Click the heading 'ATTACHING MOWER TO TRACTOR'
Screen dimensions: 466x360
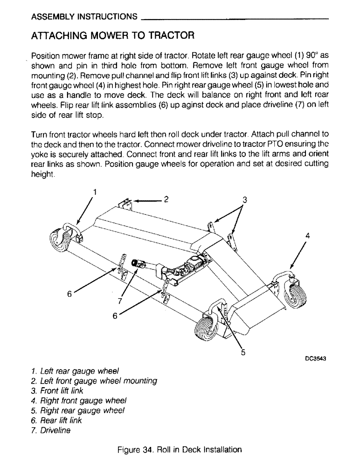(x=112, y=35)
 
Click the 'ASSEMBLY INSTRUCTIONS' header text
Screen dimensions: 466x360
(x=84, y=17)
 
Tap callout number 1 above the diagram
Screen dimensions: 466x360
(x=95, y=191)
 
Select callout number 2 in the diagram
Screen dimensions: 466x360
(x=165, y=199)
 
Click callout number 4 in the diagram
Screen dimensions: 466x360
(x=307, y=235)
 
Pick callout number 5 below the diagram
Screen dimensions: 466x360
(x=243, y=352)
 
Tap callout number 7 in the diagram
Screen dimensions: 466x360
(x=120, y=301)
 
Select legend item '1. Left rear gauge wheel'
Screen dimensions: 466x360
(x=75, y=371)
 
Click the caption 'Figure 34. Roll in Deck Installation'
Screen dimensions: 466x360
(x=180, y=450)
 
